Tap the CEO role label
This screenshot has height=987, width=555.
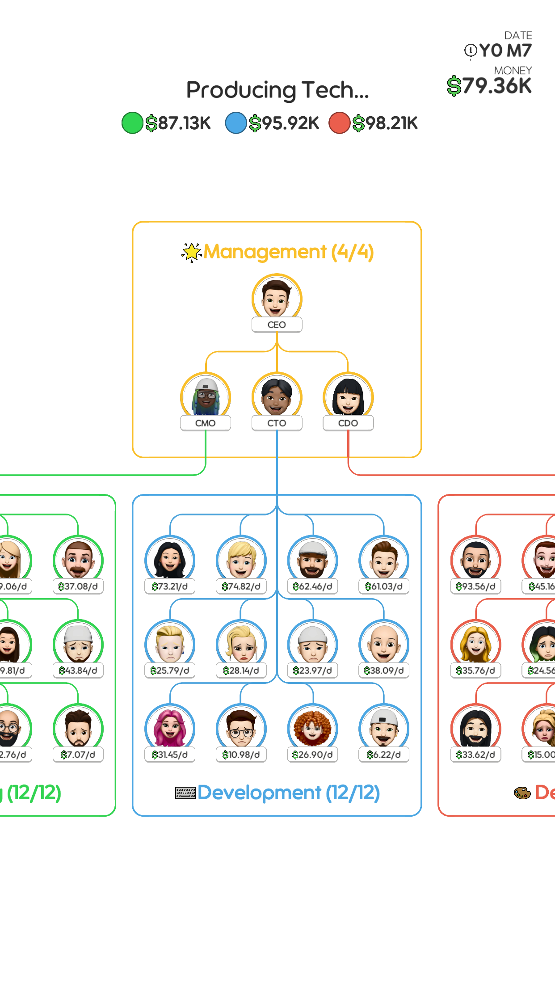pos(277,325)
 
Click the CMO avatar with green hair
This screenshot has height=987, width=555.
pos(206,396)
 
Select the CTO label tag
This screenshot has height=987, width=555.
pos(277,423)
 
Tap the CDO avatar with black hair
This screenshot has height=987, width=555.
pos(348,396)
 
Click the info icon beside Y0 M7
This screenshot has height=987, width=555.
pos(471,51)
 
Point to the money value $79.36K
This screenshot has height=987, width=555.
pos(489,86)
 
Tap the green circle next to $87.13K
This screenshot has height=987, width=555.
pos(132,123)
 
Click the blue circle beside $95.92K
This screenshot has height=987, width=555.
pos(236,123)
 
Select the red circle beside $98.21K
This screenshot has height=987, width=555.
pos(340,123)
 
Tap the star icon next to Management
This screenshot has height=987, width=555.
pos(191,252)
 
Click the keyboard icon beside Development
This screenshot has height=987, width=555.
pos(185,793)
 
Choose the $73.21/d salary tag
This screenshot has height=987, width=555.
pos(170,586)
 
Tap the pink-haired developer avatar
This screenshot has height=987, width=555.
pos(170,727)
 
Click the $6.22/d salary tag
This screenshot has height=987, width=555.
pos(384,755)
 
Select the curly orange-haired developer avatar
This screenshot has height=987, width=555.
pos(313,727)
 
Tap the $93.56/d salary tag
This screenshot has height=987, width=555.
pos(476,586)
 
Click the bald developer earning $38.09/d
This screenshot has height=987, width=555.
pos(384,643)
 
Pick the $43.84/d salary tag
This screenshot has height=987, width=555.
pos(78,671)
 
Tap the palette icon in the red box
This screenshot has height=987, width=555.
pos(522,793)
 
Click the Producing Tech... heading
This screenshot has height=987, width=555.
pos(277,90)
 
